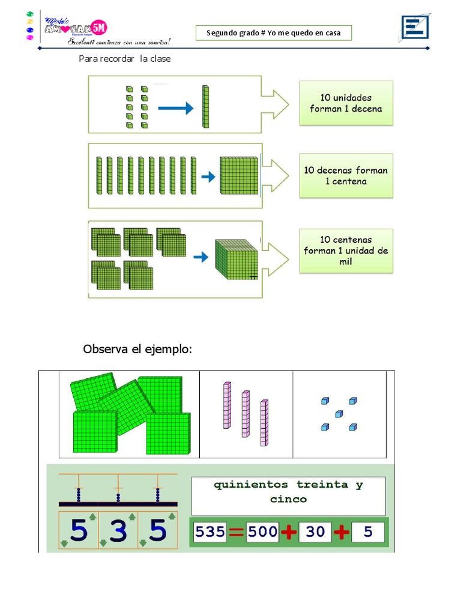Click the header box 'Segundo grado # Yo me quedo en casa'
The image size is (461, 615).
[x=274, y=33]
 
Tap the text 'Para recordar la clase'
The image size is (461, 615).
[x=125, y=59]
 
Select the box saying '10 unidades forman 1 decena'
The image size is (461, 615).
[x=346, y=103]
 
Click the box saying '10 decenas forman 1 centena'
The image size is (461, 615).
[x=346, y=175]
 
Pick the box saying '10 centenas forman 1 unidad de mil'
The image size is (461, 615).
[x=346, y=250]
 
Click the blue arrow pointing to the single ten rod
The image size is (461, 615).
[x=175, y=109]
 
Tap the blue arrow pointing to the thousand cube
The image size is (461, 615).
[x=200, y=257]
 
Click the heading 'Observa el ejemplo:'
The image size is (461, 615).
[x=137, y=350]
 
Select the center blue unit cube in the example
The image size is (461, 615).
[x=339, y=414]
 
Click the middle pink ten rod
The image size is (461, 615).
[x=246, y=414]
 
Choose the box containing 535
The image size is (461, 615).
[x=209, y=532]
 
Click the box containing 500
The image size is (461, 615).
[x=262, y=532]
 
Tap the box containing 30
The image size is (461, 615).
[x=315, y=532]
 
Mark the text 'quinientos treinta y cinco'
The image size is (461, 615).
[x=288, y=492]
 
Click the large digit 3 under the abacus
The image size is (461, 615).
[x=118, y=530]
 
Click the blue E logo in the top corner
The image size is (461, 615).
[x=414, y=28]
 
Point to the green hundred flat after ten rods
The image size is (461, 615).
[x=238, y=176]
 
